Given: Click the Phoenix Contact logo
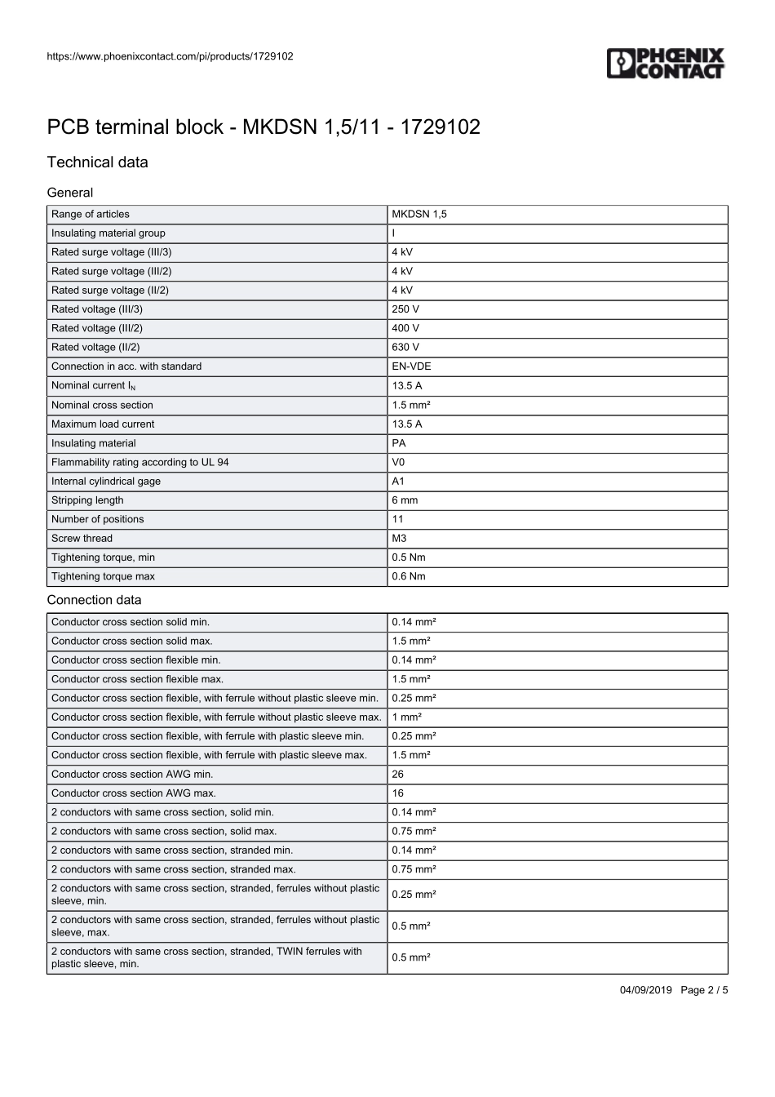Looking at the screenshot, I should tap(665, 63).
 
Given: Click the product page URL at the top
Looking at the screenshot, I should tap(170, 56).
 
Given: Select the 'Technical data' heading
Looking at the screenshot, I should tap(98, 162).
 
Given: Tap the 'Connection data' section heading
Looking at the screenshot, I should tap(94, 600).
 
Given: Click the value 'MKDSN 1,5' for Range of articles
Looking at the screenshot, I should tap(419, 215).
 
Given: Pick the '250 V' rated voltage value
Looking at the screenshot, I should tap(405, 309).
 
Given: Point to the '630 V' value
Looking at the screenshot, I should tap(405, 347).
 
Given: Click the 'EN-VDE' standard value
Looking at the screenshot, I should tap(411, 366).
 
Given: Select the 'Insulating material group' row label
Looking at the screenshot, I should tap(108, 233).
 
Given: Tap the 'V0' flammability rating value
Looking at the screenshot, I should tap(398, 462).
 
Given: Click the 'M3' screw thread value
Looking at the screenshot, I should tap(399, 539).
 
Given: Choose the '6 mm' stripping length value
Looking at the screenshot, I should tap(405, 500).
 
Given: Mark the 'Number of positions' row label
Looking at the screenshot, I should tap(98, 519).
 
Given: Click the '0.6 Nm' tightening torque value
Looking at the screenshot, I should tap(409, 576).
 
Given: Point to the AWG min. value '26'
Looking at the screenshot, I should tap(398, 775).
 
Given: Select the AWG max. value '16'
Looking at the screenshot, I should tap(398, 793).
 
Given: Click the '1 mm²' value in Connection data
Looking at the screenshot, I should tap(407, 717).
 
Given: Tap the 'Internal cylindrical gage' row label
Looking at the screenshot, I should tap(106, 482).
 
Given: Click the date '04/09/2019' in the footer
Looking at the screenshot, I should tap(646, 990).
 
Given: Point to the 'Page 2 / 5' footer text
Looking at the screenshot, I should tap(704, 990).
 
